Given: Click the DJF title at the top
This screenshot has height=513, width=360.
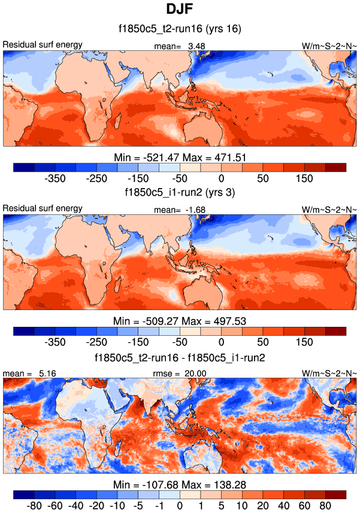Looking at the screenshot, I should tap(180, 10).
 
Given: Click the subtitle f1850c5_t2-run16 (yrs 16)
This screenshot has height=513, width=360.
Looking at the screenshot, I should tap(180, 28).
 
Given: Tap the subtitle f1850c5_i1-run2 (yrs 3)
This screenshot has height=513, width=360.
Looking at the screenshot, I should tap(180, 192).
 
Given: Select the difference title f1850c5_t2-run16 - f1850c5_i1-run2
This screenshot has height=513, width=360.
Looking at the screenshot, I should tap(180, 357).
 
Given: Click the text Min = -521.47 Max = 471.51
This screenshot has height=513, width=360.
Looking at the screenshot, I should tap(180, 157).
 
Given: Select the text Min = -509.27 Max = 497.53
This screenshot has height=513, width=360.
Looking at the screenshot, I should tap(180, 321).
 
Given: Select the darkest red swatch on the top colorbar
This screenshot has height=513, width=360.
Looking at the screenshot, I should tap(335, 167).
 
